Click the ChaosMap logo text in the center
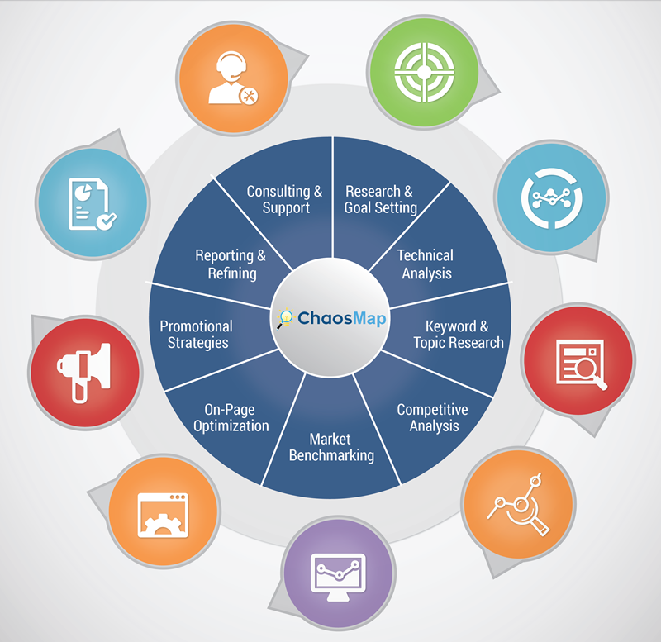click(341, 318)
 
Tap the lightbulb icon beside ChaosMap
click(285, 318)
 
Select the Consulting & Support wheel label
click(284, 199)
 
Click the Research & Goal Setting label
click(380, 199)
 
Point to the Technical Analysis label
click(426, 264)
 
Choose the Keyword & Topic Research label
click(459, 335)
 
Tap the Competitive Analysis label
click(433, 417)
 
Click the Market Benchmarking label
click(331, 447)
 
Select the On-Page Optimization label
click(231, 417)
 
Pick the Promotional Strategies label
click(197, 335)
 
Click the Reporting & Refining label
click(231, 264)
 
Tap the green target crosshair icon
click(424, 72)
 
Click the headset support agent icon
click(233, 78)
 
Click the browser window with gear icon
click(163, 515)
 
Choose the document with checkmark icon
click(92, 204)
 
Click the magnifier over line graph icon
click(520, 505)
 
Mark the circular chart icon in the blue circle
click(552, 198)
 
